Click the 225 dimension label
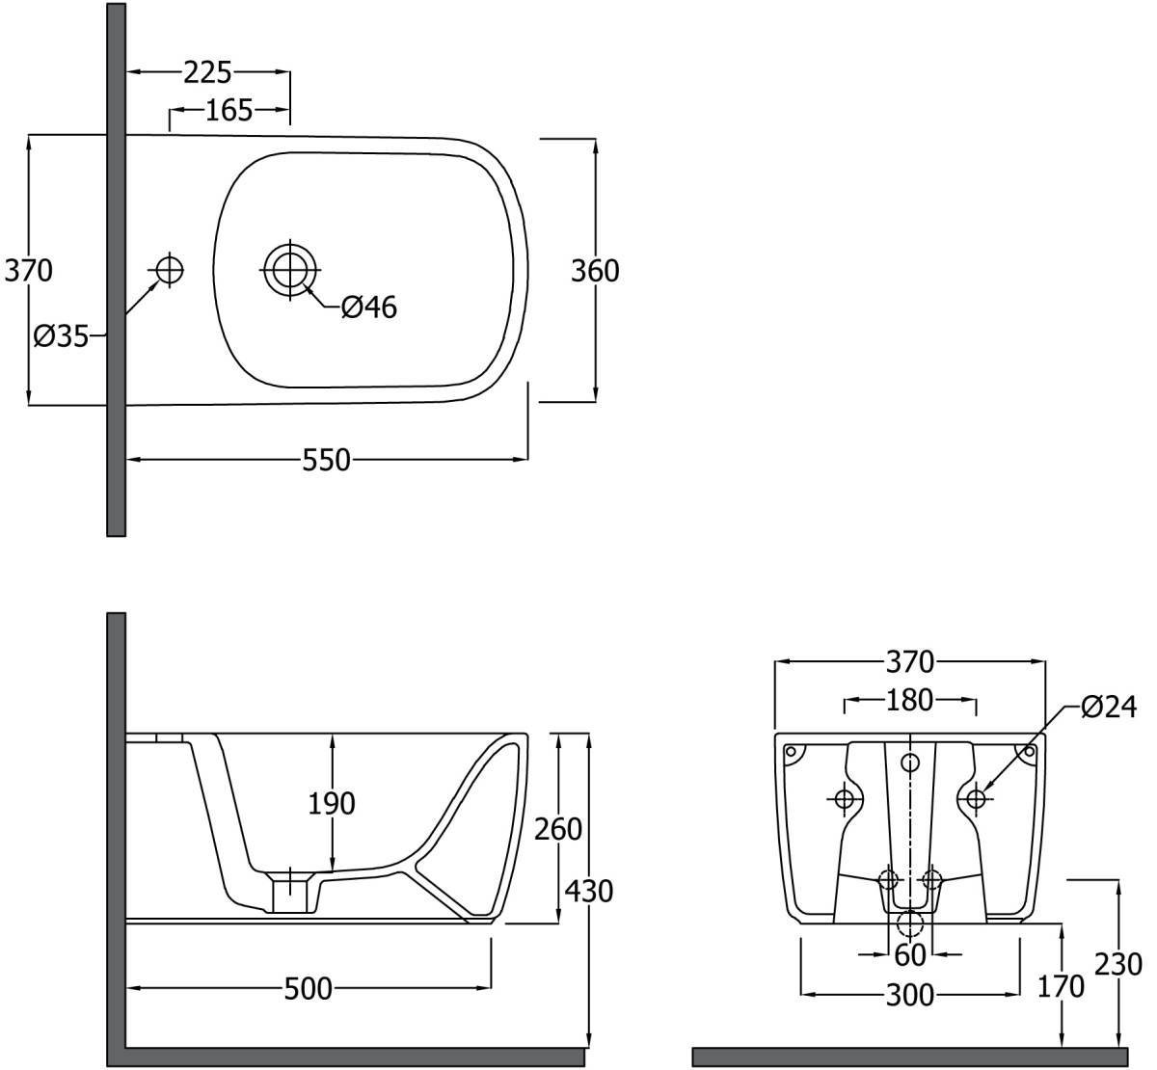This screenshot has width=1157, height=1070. pos(208,72)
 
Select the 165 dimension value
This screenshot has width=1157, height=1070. pos(229,110)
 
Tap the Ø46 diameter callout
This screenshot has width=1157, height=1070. pos(368,307)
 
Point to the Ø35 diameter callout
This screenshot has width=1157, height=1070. pos(61,336)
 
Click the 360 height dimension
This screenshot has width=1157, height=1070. pos(595,271)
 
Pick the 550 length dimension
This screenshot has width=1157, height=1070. pos(326,460)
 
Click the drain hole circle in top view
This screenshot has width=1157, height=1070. pos(290,270)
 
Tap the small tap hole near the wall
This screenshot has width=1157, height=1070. pos(170,270)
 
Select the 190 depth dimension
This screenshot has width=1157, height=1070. pos(332,804)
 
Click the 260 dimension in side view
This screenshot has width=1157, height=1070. pos(558,829)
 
